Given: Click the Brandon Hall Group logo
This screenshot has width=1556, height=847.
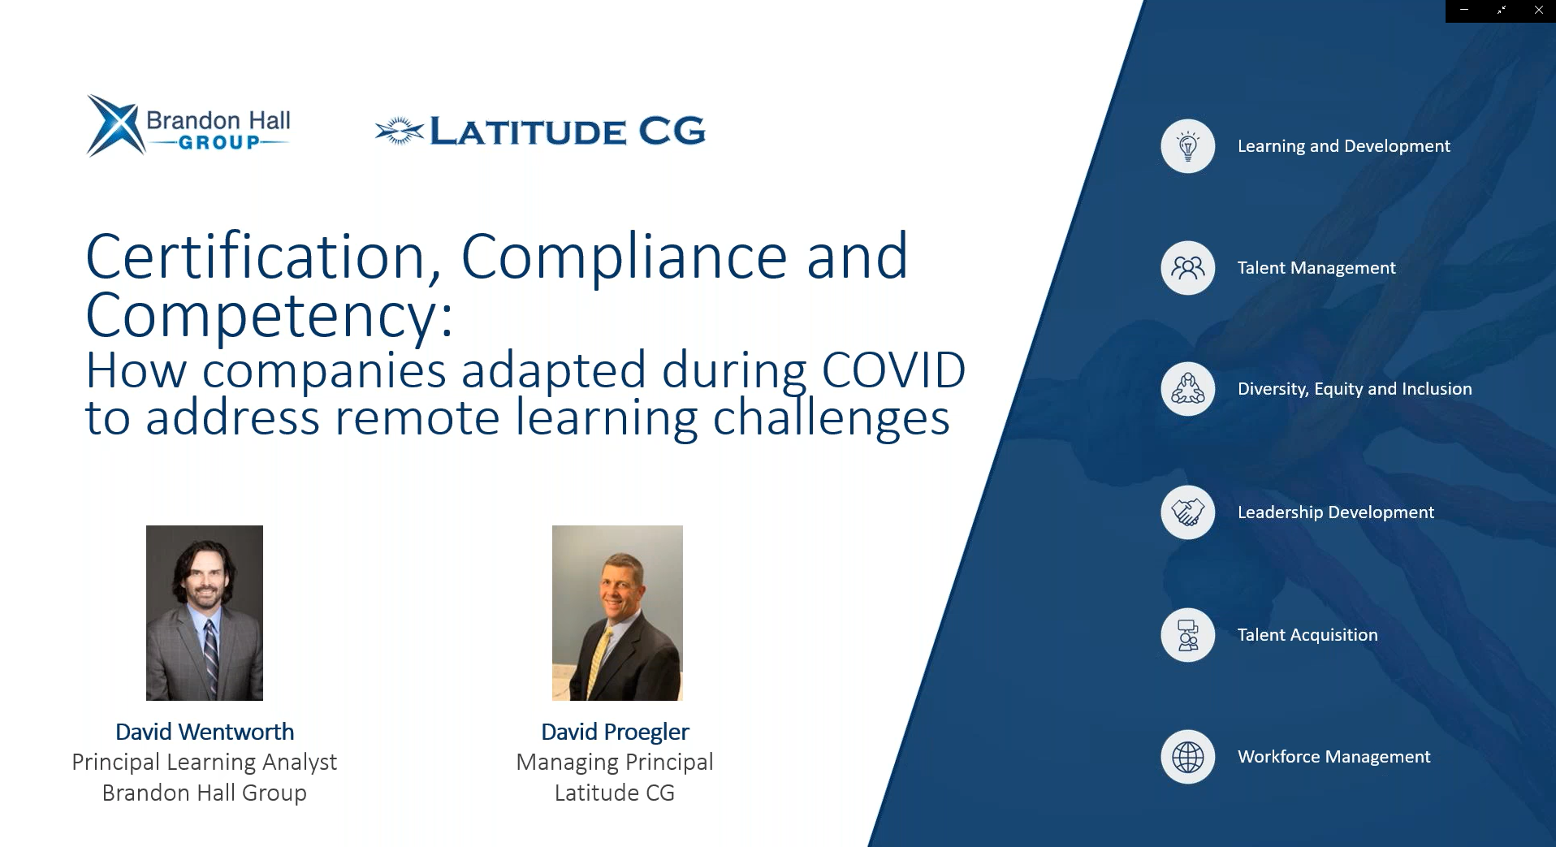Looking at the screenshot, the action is (188, 125).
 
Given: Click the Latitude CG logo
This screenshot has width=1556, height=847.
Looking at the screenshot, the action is (540, 131).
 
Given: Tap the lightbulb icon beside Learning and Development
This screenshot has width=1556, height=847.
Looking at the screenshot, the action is (1187, 146).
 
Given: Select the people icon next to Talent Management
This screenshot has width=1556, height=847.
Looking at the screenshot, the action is (1187, 268).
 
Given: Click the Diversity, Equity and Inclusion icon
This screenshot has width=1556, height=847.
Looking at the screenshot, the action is (1187, 389).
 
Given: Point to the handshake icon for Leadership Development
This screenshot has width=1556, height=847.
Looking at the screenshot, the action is (1187, 512).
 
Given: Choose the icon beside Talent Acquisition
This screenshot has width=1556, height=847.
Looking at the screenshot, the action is (1187, 635).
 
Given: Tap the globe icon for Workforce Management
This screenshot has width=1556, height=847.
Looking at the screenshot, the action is (1187, 757).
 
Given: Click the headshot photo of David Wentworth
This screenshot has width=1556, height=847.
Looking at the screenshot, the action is (205, 613).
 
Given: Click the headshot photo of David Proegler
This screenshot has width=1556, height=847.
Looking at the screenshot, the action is (617, 613).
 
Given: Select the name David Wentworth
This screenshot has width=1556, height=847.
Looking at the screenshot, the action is (205, 732).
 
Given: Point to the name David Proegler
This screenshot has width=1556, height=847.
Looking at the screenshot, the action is (615, 732).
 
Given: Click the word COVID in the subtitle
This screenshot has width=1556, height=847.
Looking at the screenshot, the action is (893, 370).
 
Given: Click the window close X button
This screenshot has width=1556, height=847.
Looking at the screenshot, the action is (1538, 11).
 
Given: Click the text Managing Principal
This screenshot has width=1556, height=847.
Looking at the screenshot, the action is (615, 763).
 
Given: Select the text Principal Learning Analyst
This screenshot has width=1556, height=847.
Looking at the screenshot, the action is (205, 763).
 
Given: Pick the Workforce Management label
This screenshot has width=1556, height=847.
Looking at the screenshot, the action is (1333, 757).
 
